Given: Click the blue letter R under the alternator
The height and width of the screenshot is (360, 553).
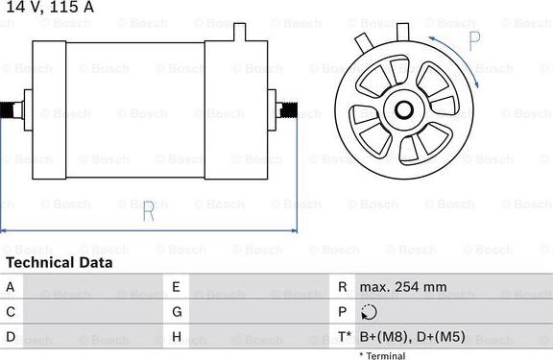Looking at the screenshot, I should point(148,213).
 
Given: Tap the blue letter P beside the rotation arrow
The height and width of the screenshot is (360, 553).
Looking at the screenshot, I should point(475,41).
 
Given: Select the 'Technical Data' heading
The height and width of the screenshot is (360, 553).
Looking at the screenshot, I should point(59,262).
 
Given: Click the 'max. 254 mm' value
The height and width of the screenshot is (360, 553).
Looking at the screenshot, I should point(403,286).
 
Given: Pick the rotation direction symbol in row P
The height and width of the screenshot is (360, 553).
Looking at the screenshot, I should point(371,312).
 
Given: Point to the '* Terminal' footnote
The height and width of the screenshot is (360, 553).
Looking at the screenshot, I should point(382,355).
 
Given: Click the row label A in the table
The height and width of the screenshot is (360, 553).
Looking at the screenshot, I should point(11,286).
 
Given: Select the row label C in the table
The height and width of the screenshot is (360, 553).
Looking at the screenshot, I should point(11,312).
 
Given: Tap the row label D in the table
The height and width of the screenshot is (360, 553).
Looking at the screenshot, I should point(11,337).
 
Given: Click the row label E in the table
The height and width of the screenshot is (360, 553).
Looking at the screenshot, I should point(177,286).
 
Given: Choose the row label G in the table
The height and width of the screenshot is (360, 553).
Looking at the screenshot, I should point(177,312).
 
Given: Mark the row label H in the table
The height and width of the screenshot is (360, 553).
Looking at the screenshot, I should point(177,337).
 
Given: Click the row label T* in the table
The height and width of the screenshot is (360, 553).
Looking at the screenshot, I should point(343,337).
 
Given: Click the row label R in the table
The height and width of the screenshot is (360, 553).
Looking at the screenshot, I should point(342,286).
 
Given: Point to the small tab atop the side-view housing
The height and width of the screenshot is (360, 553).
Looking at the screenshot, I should point(241,30).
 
